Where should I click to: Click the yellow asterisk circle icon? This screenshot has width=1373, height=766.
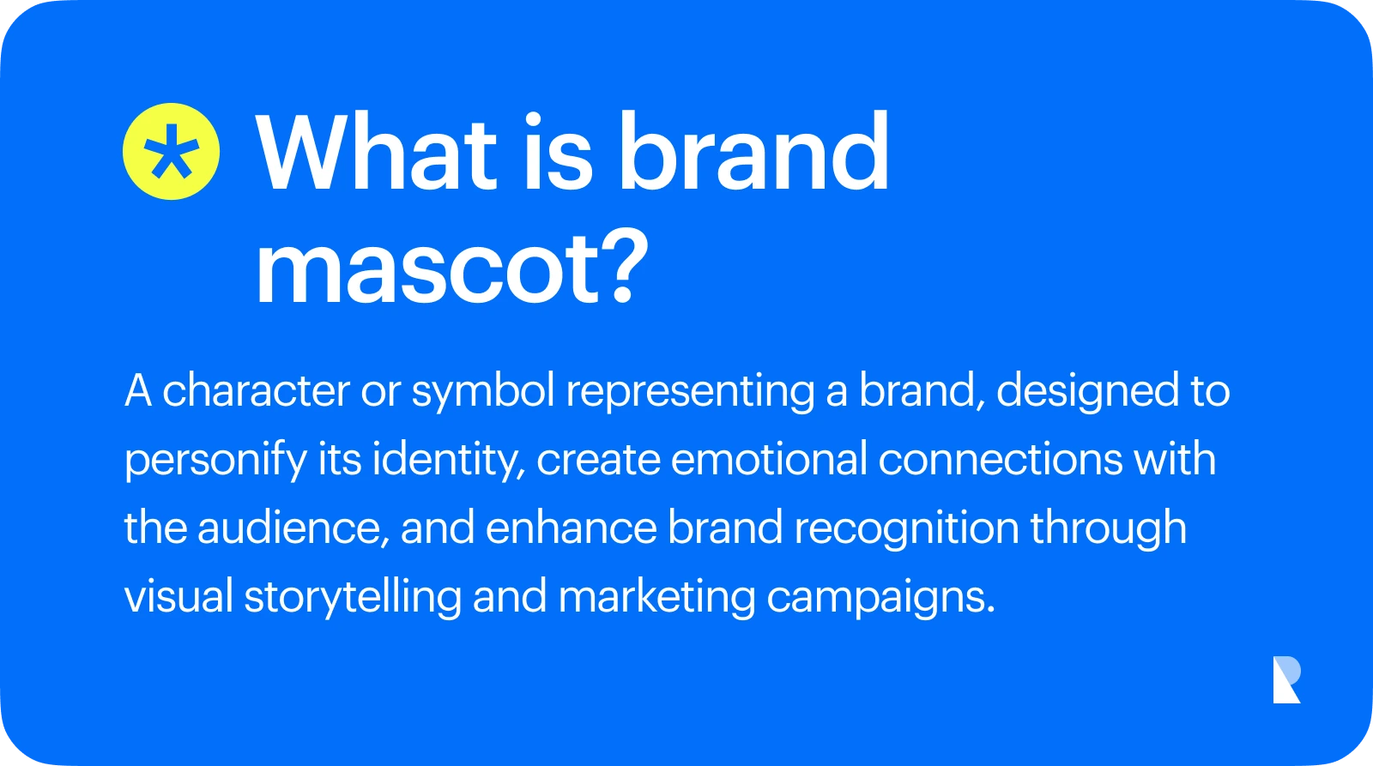[171, 151]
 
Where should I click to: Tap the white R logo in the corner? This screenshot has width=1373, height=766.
[1286, 679]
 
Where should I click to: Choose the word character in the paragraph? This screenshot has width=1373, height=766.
[257, 390]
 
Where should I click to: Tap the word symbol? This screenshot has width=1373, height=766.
[484, 392]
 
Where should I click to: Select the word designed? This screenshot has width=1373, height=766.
[1087, 392]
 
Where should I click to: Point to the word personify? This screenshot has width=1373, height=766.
[215, 461]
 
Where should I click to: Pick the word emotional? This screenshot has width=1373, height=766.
[769, 460]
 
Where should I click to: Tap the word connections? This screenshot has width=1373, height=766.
[1001, 461]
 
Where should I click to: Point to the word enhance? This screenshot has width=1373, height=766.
[572, 529]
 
